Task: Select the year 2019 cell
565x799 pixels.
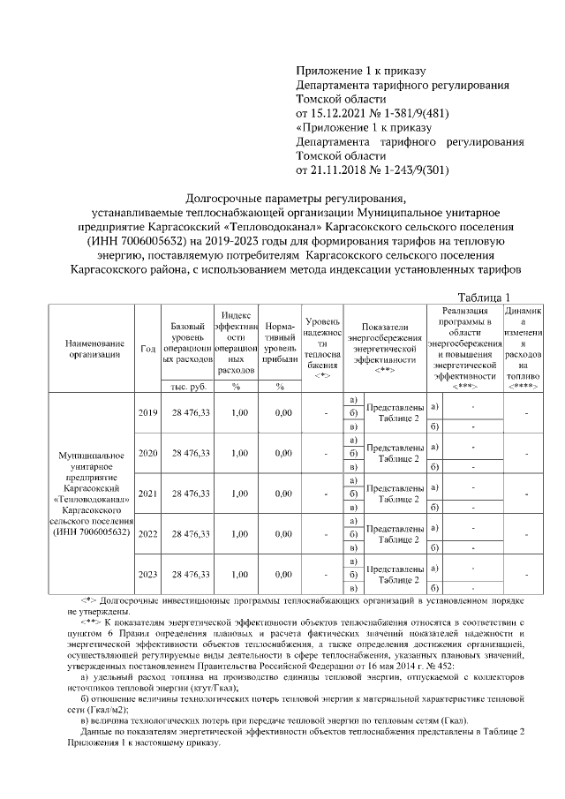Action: (147, 412)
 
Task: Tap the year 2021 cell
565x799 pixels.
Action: (147, 494)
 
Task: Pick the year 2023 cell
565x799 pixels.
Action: (147, 574)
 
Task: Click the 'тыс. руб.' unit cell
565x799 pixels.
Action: (185, 387)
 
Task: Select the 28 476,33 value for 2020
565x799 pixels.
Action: (185, 453)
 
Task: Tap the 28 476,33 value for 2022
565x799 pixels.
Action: (185, 533)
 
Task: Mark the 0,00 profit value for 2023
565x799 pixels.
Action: (282, 574)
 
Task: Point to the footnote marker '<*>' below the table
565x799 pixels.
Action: (88, 600)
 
